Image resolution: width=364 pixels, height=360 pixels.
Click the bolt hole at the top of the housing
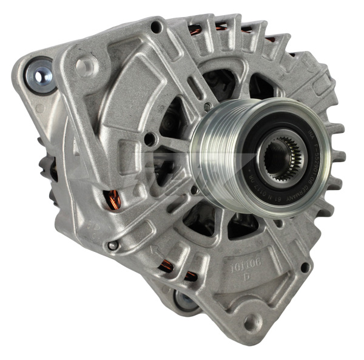157,27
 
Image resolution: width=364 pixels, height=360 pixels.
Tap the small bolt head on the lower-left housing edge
113,245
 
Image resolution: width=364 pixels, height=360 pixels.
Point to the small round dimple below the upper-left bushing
40,109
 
